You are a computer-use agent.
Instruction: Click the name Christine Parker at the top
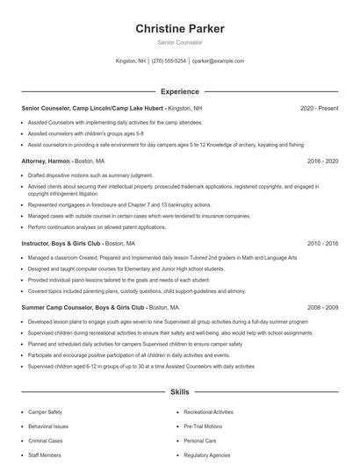pyautogui.click(x=180, y=29)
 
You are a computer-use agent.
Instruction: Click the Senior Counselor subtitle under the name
pyautogui.click(x=180, y=42)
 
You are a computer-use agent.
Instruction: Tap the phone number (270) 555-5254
pyautogui.click(x=169, y=61)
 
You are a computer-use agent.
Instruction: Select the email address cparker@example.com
pyautogui.click(x=218, y=61)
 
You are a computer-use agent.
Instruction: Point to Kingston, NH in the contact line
pyautogui.click(x=131, y=61)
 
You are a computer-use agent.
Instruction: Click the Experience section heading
pyautogui.click(x=180, y=91)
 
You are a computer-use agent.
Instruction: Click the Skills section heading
pyautogui.click(x=180, y=392)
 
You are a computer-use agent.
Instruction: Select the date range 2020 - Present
pyautogui.click(x=319, y=108)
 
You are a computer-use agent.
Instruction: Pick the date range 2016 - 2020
pyautogui.click(x=323, y=162)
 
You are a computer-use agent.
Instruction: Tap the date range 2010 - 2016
pyautogui.click(x=323, y=243)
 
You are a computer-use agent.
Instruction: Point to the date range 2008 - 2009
pyautogui.click(x=323, y=308)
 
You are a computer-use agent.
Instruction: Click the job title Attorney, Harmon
pyautogui.click(x=46, y=162)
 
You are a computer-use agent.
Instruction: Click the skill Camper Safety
pyautogui.click(x=45, y=411)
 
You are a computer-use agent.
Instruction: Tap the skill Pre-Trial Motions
pyautogui.click(x=203, y=426)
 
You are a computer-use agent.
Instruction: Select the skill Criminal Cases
pyautogui.click(x=46, y=440)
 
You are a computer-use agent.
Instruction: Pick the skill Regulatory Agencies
pyautogui.click(x=206, y=454)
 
